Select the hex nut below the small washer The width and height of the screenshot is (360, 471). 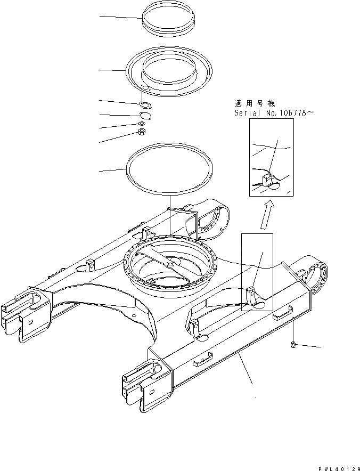(142, 133)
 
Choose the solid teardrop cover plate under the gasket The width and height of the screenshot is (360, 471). (145, 116)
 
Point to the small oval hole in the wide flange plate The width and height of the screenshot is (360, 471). (145, 88)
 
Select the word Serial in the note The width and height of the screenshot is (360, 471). (246, 113)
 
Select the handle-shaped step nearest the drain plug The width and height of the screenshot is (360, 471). (282, 316)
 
